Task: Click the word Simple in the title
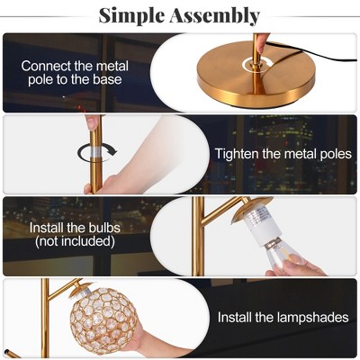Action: point(132,15)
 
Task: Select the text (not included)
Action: point(75,241)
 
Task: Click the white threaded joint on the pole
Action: point(93,153)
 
